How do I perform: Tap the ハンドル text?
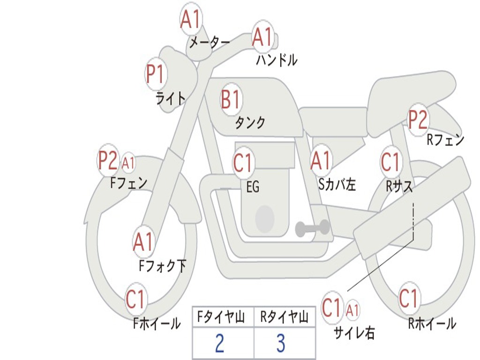[277, 60]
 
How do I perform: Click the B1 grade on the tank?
[230, 99]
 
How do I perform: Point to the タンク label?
[250, 123]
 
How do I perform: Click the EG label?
[252, 187]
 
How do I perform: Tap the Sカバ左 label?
[337, 185]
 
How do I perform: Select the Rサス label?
[399, 186]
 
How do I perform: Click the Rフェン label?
[445, 139]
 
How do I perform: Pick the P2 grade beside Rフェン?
[418, 120]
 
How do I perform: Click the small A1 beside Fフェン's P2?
[128, 163]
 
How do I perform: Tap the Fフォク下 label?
[162, 266]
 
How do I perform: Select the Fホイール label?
[157, 323]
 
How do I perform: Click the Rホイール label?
[432, 323]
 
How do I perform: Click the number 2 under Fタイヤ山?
[219, 343]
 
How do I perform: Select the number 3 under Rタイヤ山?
[280, 343]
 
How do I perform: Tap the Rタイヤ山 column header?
[284, 318]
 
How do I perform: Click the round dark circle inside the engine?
[265, 217]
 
